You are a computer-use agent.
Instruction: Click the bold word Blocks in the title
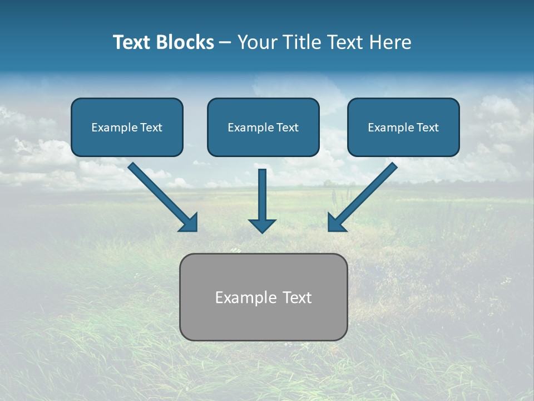[185, 42]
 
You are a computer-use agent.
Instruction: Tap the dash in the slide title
[225, 43]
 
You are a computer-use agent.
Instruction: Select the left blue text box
[127, 127]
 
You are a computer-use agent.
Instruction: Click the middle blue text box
[263, 127]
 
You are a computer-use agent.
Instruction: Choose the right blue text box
[403, 127]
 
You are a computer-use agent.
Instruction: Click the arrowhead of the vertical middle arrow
[262, 226]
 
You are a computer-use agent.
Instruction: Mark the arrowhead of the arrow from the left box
[189, 223]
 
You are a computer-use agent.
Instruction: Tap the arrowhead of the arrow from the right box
[336, 223]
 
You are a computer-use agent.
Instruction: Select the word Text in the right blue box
[427, 128]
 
